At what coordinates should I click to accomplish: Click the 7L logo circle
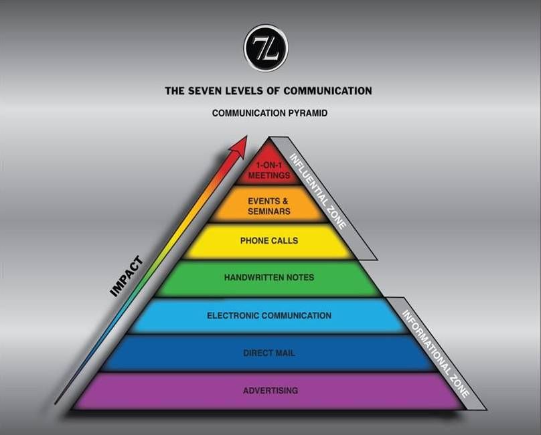tap(266, 48)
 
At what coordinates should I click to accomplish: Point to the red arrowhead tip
tap(247, 136)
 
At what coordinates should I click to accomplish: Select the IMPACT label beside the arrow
tap(127, 276)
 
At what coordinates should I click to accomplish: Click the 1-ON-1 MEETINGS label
tap(269, 171)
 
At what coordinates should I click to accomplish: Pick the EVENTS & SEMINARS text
tap(268, 206)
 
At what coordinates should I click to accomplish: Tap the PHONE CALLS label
tap(269, 241)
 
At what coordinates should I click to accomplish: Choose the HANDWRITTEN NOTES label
tap(269, 277)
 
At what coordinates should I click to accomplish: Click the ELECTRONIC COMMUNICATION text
tap(269, 315)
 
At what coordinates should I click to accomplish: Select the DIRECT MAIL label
tap(269, 353)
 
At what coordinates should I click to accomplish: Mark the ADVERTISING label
tap(270, 391)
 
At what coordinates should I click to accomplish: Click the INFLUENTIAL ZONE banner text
tap(318, 191)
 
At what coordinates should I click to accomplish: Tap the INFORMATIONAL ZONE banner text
tap(436, 353)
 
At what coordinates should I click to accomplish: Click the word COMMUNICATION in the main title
tap(328, 91)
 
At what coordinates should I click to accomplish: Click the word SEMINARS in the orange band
tap(268, 211)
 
